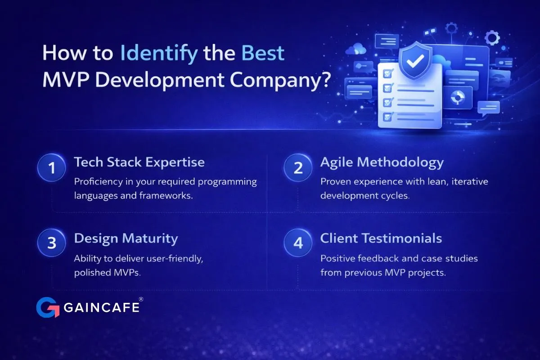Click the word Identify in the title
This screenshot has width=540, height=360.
159,54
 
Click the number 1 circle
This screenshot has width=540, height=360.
52,167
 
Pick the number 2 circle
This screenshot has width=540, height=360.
298,167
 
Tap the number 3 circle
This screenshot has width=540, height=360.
52,243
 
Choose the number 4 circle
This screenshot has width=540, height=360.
298,243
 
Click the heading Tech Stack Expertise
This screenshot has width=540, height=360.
139,162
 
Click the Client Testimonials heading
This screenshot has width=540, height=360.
381,238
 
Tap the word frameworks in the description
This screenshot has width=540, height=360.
166,195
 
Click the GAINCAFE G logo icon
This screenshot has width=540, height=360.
48,307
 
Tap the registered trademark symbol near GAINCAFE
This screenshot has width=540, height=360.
141,299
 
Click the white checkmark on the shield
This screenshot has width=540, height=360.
415,61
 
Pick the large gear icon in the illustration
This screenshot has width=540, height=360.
492,38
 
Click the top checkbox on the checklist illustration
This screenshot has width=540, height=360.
388,73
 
